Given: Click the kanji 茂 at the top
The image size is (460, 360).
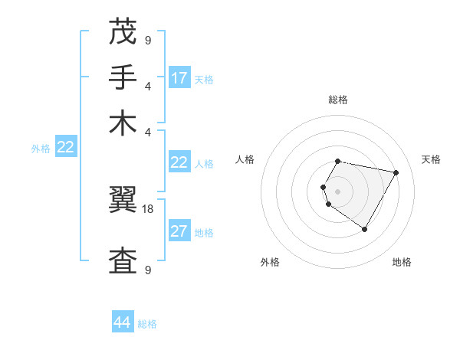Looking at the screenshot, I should [123, 34].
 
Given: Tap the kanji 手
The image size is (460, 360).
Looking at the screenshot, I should [123, 77].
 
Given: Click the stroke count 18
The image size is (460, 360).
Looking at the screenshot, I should [149, 208].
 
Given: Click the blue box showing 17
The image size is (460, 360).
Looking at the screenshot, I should [179, 78].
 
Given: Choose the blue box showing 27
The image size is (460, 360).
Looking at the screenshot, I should [179, 231].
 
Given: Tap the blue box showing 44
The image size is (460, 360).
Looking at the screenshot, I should [123, 323].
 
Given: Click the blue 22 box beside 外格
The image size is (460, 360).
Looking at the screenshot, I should [65, 148].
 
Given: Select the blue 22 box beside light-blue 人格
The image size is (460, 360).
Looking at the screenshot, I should [179, 162].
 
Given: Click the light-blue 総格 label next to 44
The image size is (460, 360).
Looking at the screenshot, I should [147, 324].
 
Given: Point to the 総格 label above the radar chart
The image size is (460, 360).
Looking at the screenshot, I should [338, 100].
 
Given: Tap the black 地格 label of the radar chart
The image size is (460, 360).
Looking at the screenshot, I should [402, 262].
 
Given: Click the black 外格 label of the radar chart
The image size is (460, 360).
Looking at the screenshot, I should [270, 262].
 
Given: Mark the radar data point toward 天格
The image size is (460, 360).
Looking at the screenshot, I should [396, 173].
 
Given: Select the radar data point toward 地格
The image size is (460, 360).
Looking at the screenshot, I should [364, 229].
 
